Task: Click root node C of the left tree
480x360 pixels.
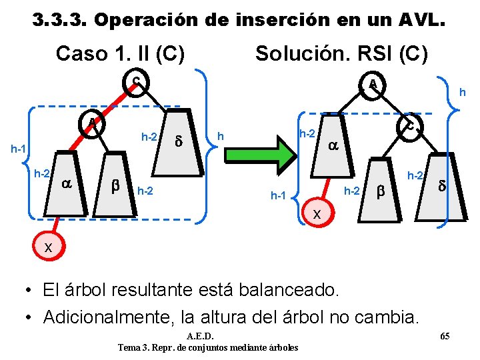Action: coord(136,83)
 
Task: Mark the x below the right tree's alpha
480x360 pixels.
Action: coord(317,214)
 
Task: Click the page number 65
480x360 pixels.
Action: coord(445,335)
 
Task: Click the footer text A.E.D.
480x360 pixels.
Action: coord(201,335)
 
